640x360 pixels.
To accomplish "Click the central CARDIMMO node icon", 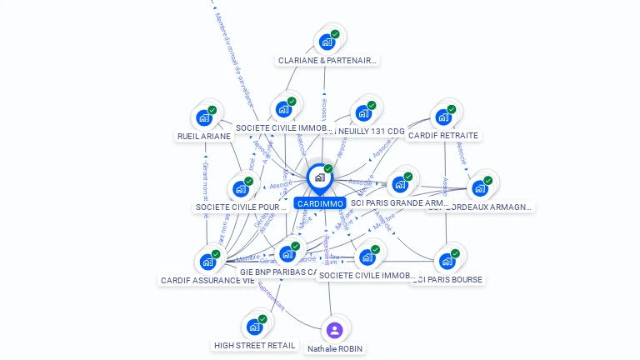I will point(319,177).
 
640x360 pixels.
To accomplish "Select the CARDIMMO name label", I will point(320,203).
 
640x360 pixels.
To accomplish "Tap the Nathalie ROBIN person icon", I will point(334,330).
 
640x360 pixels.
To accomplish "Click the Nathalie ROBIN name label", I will point(335,348).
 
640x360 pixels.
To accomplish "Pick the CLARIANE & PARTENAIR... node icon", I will point(327,42).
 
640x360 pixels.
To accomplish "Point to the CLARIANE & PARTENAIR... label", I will point(327,61).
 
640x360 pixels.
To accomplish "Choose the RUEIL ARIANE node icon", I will point(204,117).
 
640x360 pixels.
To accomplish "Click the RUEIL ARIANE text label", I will point(204,136).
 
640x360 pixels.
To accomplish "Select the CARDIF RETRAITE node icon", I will point(443,117).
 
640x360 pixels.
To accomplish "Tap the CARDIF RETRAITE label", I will point(443,135).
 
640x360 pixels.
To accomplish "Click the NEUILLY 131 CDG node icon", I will point(363,113).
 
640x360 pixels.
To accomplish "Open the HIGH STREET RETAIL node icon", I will point(254,327).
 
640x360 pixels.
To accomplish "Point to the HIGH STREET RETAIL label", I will point(254,345).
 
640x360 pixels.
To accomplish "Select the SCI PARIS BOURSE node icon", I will point(447,261).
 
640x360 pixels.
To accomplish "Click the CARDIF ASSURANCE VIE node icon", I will point(207,262).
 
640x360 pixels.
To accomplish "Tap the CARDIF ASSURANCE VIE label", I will point(207,281).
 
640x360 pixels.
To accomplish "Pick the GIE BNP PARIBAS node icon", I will point(287,253).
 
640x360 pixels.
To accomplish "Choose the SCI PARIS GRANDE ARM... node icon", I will point(400,184).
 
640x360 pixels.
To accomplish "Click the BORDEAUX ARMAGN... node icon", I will point(480,187).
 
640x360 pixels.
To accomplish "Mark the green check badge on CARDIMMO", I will point(328,169).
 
